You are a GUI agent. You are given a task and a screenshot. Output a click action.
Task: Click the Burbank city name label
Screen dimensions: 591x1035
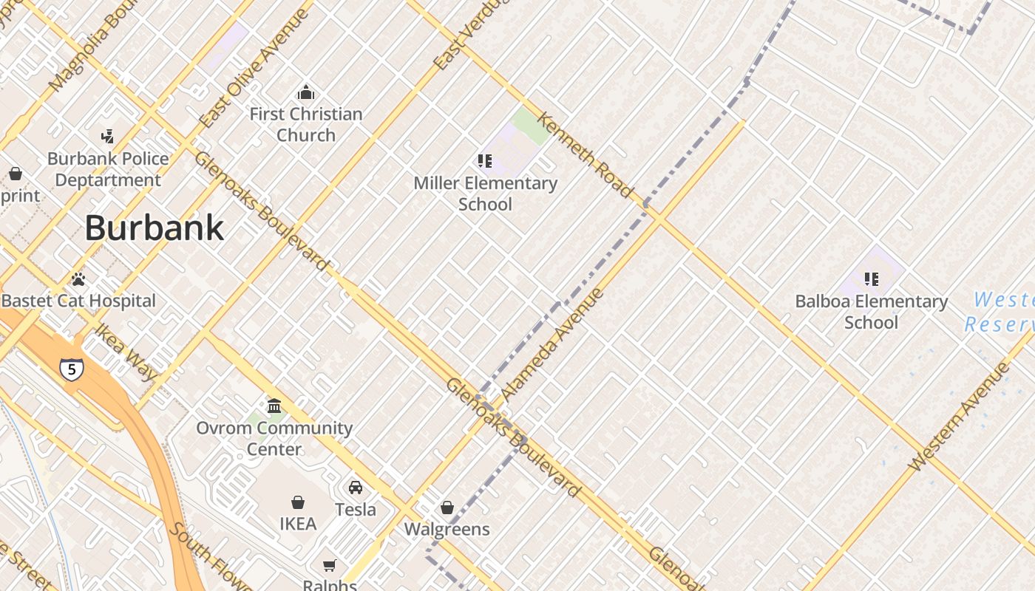[154, 228]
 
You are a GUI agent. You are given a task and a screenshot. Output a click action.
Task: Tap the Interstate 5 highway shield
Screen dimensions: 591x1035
[72, 369]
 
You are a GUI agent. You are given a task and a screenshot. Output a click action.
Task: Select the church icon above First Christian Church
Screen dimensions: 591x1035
[305, 92]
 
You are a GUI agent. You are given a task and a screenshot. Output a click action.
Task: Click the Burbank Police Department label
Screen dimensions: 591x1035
[108, 169]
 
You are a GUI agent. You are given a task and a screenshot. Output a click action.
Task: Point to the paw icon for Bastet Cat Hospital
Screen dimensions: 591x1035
[78, 279]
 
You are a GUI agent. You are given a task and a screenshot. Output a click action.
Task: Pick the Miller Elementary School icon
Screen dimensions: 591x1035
[485, 160]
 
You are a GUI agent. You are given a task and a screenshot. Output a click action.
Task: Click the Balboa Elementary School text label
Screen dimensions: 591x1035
[871, 312]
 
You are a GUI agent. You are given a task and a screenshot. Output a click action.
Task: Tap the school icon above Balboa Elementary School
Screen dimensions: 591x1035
[872, 279]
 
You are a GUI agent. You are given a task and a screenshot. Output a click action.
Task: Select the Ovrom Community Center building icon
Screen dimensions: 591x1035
[274, 406]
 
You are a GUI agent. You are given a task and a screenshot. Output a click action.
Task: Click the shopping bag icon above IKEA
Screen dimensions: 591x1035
[298, 502]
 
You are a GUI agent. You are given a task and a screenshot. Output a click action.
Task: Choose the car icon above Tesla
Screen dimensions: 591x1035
[356, 488]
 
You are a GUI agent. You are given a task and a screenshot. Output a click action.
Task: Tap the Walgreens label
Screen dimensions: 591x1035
[447, 529]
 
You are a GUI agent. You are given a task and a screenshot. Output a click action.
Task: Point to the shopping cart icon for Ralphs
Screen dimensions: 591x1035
[330, 565]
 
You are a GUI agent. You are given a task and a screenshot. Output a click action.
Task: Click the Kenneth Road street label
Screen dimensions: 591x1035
[585, 155]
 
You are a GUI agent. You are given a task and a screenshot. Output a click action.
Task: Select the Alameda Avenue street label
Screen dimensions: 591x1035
[552, 344]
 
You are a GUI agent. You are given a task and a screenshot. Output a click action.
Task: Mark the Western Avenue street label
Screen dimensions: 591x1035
[959, 417]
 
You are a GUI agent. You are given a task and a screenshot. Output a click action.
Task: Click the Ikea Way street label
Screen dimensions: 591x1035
[126, 352]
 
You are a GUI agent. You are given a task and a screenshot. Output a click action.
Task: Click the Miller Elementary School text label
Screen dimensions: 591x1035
[485, 194]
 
